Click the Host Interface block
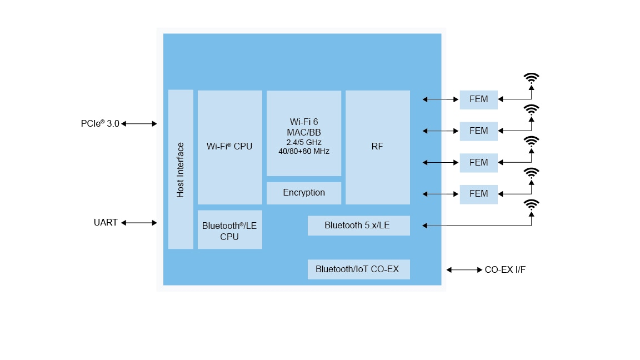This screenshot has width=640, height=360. [x=181, y=169]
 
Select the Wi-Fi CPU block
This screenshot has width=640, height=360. [x=229, y=147]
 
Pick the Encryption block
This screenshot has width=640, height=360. [x=304, y=193]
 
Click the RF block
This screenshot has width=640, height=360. [x=378, y=147]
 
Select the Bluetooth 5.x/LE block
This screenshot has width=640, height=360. [x=358, y=226]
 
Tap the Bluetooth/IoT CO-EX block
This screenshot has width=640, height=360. [x=358, y=269]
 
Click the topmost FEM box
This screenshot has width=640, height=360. [x=478, y=99]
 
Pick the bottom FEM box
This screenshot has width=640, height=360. [x=478, y=194]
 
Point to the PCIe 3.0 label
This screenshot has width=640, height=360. [x=100, y=124]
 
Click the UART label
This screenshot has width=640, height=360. [x=106, y=223]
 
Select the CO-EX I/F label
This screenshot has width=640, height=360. [x=505, y=270]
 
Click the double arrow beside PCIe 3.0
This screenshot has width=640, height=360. [x=139, y=124]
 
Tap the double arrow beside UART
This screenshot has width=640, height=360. [x=139, y=223]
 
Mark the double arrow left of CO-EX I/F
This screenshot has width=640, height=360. [x=464, y=270]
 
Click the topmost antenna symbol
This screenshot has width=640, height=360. [x=532, y=78]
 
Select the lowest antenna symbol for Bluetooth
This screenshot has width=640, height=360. [x=532, y=204]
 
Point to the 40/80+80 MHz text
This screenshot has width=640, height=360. [x=304, y=151]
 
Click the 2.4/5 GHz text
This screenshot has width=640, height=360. [x=304, y=142]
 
